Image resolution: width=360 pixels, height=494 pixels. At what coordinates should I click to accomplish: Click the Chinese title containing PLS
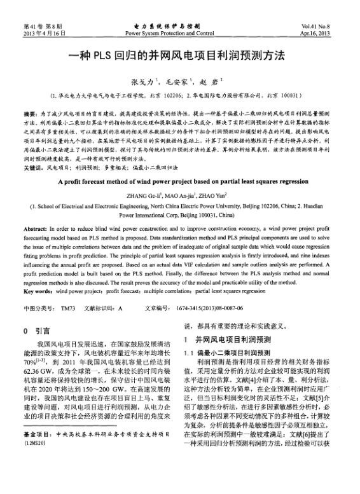coord(180,56)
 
